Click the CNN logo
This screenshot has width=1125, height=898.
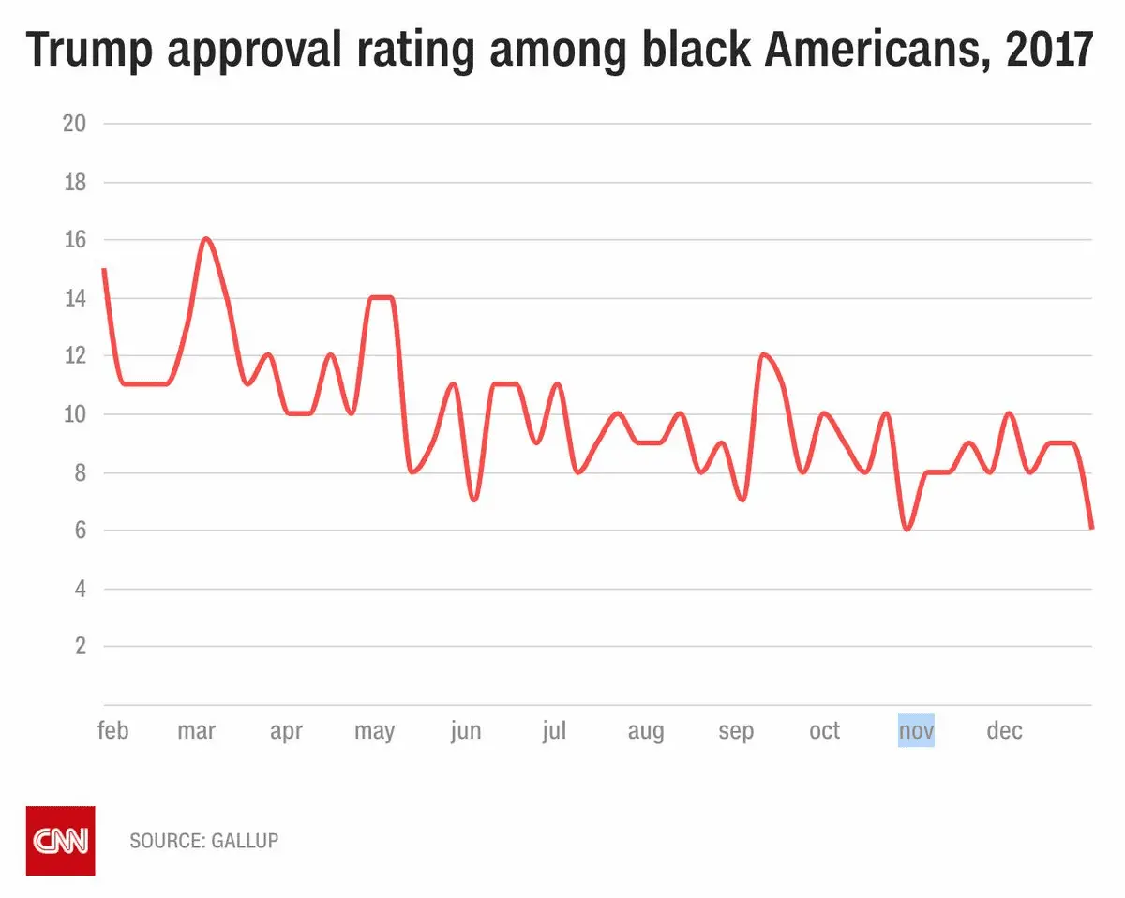pos(60,840)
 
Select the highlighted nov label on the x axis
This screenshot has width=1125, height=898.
pos(916,731)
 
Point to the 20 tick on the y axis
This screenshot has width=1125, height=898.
pos(74,124)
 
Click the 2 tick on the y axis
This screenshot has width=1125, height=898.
pos(81,647)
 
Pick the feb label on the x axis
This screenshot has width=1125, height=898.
pos(112,731)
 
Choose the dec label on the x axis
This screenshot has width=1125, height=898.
pos(1004,731)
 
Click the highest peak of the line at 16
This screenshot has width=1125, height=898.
pos(206,239)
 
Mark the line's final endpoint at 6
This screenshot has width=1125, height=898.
pos(1091,529)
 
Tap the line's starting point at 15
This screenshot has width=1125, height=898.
pos(104,270)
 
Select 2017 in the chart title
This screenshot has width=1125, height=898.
pos(1049,50)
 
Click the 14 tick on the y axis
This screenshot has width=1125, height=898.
pos(74,299)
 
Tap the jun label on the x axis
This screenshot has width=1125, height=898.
pos(465,731)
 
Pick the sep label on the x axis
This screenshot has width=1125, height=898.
pos(736,731)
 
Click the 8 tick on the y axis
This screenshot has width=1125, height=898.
pos(81,473)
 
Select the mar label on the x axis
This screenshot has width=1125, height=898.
pos(197,731)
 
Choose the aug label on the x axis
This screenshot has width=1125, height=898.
pos(646,731)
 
